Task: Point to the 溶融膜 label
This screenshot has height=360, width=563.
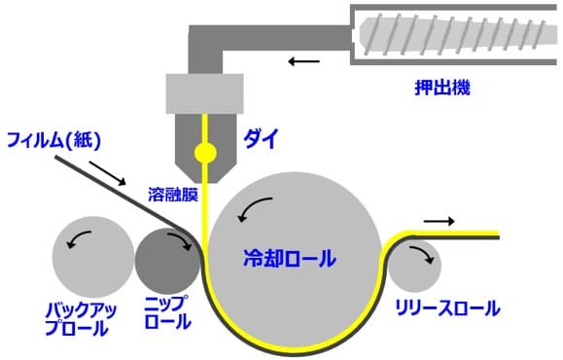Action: (173, 195)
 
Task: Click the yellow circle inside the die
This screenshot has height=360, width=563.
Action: (205, 152)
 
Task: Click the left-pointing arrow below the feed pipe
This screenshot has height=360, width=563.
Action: (302, 64)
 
